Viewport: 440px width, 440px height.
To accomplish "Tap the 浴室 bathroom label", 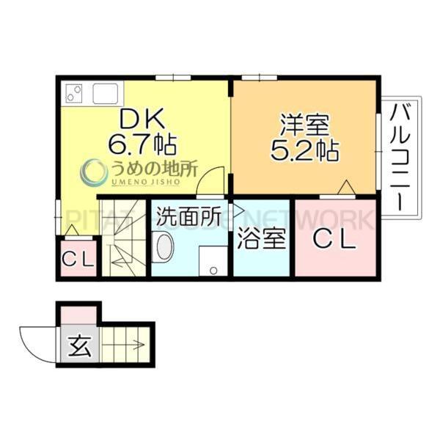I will [262, 241].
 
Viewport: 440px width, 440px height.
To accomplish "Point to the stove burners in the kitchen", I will [73, 94].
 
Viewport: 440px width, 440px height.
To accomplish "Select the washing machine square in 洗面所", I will [213, 260].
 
